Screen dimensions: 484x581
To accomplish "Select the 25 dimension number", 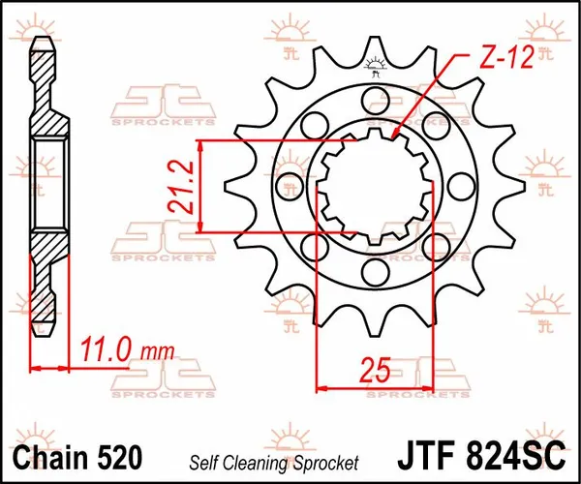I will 375,368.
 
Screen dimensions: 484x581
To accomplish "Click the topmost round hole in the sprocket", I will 374,96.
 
